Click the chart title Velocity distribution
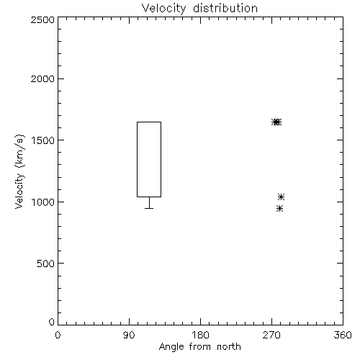click(199, 9)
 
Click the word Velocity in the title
click(163, 9)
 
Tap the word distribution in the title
click(225, 8)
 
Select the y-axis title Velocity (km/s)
click(19, 171)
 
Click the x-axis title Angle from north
click(199, 347)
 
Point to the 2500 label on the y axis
click(42, 19)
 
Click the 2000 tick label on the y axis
click(42, 78)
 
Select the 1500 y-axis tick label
click(43, 140)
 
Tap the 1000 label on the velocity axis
click(43, 202)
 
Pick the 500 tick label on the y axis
click(46, 264)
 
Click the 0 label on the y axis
click(52, 322)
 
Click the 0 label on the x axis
click(58, 335)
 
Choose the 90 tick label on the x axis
click(129, 335)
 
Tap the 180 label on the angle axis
click(199, 335)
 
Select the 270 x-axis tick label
click(271, 335)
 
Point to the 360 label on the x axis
click(343, 335)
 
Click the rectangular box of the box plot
click(137, 159)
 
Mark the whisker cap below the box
click(149, 208)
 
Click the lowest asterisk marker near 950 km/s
click(279, 208)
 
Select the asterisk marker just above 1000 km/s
click(281, 197)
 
